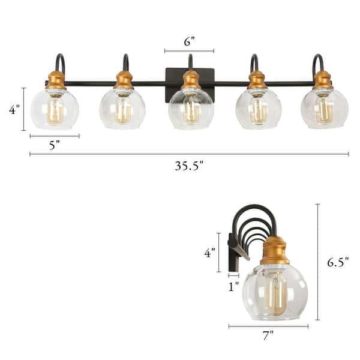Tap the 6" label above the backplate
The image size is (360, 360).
[x=189, y=42]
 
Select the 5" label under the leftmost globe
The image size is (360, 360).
[x=54, y=145]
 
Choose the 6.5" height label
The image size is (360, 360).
[x=337, y=262]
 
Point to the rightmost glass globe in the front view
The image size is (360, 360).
[x=325, y=109]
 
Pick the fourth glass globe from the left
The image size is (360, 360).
[x=259, y=109]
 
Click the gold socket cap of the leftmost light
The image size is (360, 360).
[x=56, y=80]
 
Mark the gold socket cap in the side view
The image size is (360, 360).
[x=275, y=251]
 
